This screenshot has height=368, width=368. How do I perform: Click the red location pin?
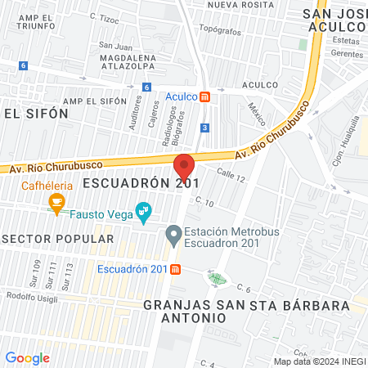[184, 167]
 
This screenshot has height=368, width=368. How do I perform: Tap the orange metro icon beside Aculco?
[204, 96]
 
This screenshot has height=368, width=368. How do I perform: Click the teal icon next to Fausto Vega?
[144, 213]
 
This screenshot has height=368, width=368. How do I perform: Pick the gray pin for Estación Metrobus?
[173, 236]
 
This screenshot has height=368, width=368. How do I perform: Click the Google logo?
[27, 358]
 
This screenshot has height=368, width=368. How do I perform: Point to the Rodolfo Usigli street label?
[32, 296]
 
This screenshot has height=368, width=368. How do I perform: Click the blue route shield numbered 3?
[204, 128]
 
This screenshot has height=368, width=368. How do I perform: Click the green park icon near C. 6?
[217, 279]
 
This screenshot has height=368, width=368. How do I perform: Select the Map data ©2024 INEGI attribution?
[320, 361]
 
